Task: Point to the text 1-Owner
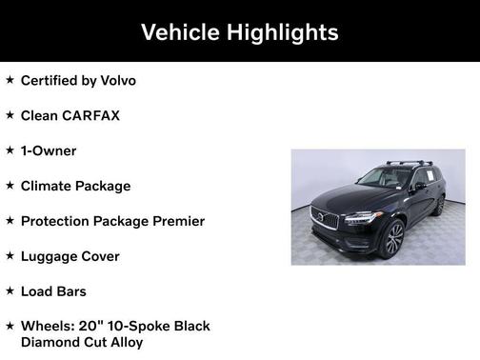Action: (x=49, y=150)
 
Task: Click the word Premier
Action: (x=173, y=221)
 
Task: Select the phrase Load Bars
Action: (x=53, y=291)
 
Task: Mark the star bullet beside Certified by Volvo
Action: (x=10, y=80)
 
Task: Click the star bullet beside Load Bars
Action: (x=10, y=291)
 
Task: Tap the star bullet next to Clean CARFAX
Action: (x=10, y=115)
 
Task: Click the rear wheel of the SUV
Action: (x=439, y=205)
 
